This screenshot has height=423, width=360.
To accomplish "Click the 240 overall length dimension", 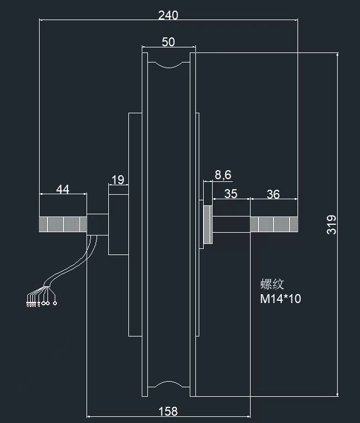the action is [168, 16].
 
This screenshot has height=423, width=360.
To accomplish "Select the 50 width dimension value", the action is [169, 42].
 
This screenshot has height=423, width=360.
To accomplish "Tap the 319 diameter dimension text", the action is [332, 225].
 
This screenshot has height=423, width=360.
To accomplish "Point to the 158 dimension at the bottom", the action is [168, 411].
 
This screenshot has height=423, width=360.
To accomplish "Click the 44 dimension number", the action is [63, 189].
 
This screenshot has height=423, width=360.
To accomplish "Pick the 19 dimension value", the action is [118, 180].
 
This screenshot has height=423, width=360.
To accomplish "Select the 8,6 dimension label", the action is [223, 175].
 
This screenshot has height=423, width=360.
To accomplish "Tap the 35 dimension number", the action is [231, 194].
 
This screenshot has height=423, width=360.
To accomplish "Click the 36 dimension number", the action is [273, 194].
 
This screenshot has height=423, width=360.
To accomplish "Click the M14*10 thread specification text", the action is [280, 299].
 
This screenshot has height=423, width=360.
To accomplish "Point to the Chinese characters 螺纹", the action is [272, 284].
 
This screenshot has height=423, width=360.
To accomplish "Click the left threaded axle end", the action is [63, 224].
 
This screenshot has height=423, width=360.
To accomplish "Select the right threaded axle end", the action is [274, 224].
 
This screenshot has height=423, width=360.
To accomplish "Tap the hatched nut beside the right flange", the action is [208, 225].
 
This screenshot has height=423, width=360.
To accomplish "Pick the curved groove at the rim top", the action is [169, 65].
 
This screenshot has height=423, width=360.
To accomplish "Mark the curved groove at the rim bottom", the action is [169, 384].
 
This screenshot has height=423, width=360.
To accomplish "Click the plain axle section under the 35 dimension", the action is [231, 224].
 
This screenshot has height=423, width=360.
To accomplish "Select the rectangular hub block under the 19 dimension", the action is [118, 224].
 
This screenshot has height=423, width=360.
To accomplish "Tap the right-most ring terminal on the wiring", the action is [55, 303].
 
